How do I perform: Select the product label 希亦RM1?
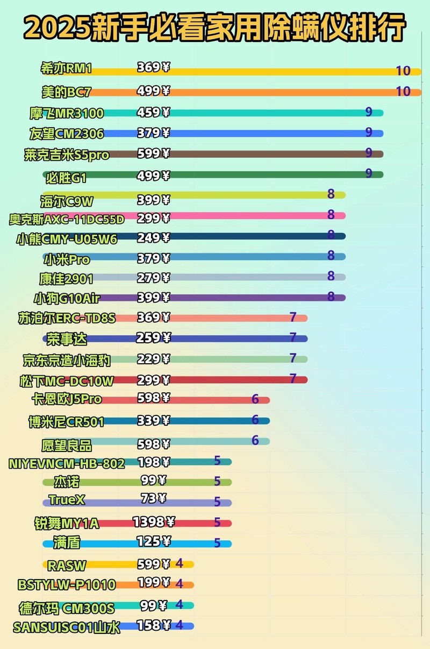(67, 69)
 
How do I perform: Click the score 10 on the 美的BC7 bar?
(403, 91)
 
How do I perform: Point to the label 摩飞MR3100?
(67, 114)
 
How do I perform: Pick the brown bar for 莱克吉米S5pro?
(269, 154)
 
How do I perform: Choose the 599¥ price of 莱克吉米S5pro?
(153, 153)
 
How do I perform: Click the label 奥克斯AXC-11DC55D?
(67, 219)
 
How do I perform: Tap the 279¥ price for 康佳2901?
(153, 277)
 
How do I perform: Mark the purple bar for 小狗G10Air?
(242, 298)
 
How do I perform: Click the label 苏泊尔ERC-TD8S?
(67, 318)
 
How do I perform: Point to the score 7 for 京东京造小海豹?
(293, 358)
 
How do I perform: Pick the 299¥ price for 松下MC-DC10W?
(153, 379)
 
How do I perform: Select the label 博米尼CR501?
(67, 422)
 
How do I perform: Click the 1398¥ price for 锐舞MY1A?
(154, 521)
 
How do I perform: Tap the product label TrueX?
(67, 499)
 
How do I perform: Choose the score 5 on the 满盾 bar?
(217, 543)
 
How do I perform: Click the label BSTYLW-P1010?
(67, 584)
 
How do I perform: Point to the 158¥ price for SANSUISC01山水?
(153, 625)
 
